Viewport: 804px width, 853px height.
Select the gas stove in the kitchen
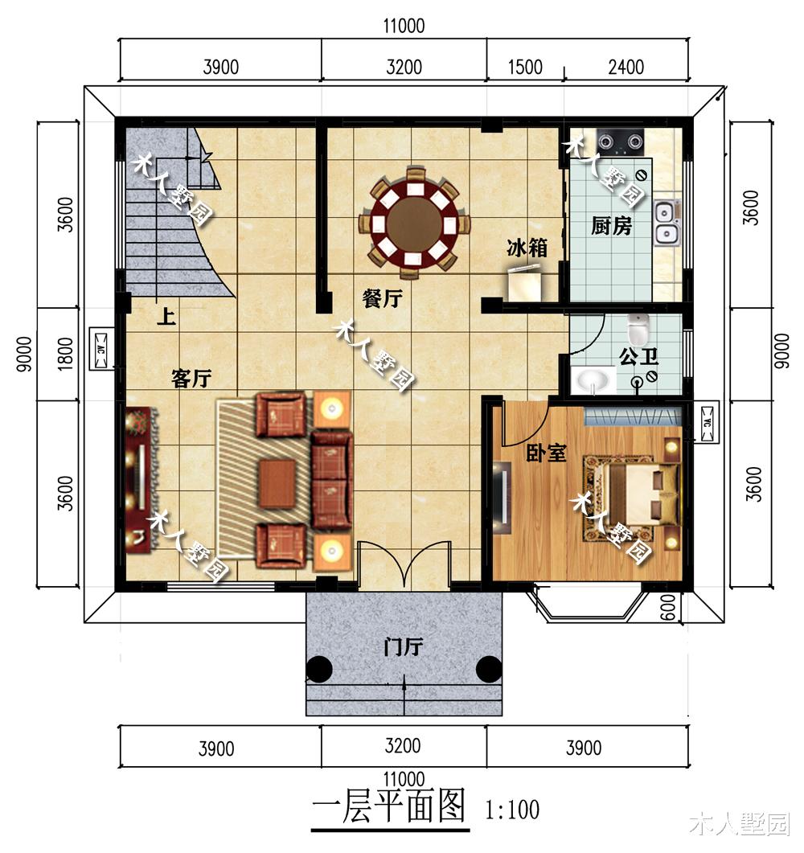(x=624, y=143)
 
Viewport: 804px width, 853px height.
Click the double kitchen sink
(x=667, y=224)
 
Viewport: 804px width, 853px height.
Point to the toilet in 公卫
(x=639, y=329)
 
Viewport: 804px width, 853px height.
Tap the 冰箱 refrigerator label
(x=527, y=248)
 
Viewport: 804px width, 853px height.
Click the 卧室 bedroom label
(x=547, y=453)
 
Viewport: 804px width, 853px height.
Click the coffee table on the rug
(x=277, y=483)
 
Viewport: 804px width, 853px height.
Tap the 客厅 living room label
(x=191, y=379)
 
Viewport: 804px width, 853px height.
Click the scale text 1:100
(x=512, y=809)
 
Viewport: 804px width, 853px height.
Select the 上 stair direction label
(x=166, y=316)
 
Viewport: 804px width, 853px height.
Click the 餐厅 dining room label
(x=382, y=300)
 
